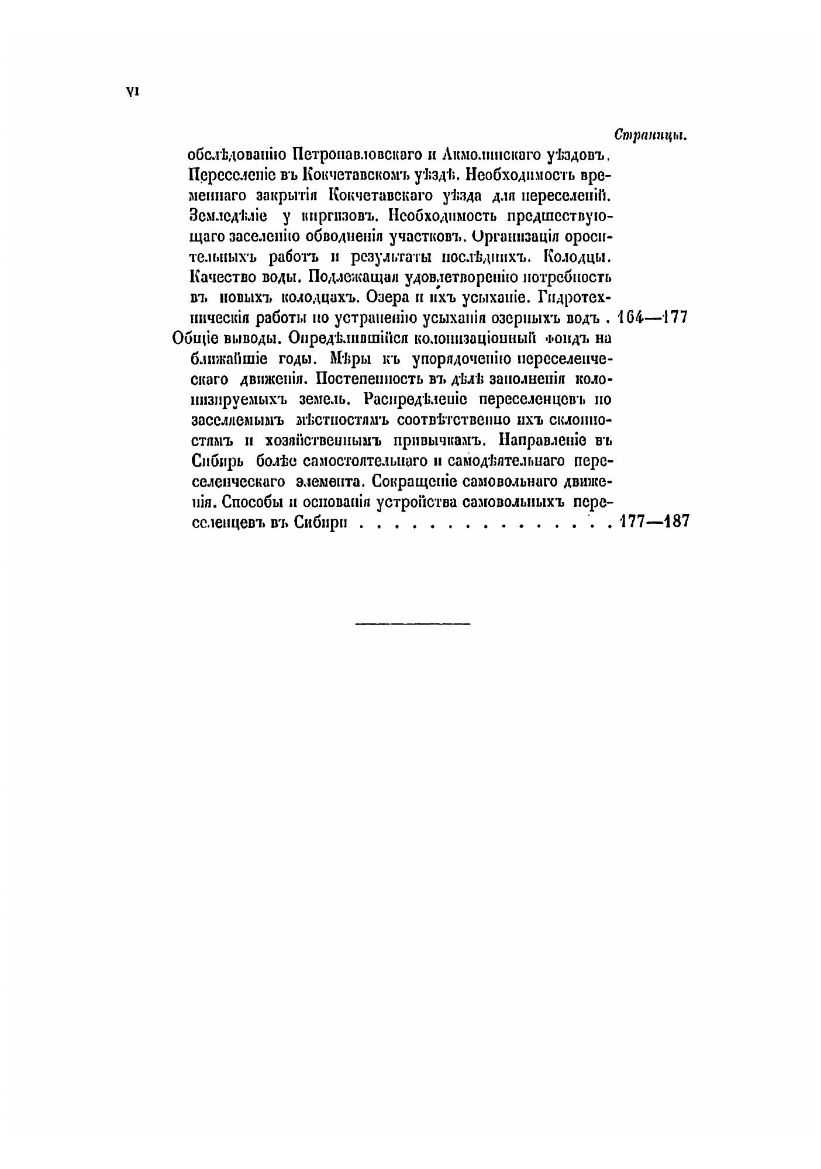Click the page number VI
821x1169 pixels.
click(x=130, y=92)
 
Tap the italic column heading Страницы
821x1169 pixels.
click(x=650, y=135)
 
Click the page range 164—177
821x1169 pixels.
click(x=653, y=318)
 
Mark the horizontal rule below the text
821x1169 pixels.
click(x=412, y=623)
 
